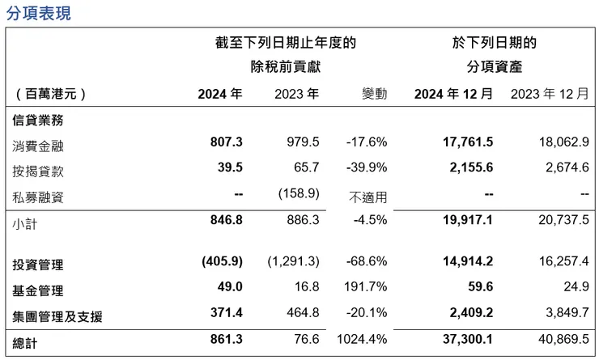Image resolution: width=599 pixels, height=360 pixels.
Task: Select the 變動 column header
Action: (374, 94)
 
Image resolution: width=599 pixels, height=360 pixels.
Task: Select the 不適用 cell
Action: (368, 196)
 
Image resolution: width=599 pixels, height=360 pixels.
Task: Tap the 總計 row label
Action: (26, 344)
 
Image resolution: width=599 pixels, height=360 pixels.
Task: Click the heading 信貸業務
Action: (38, 121)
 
